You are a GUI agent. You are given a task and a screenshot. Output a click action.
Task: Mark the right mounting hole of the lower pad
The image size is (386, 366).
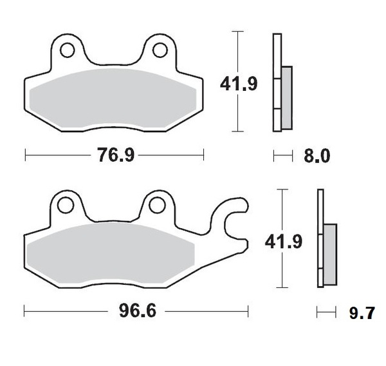tap(156, 205)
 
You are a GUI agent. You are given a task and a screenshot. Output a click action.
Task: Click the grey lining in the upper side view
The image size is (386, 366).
tap(286, 97)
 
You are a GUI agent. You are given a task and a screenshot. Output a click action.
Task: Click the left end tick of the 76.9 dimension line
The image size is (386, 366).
tap(24, 155)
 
